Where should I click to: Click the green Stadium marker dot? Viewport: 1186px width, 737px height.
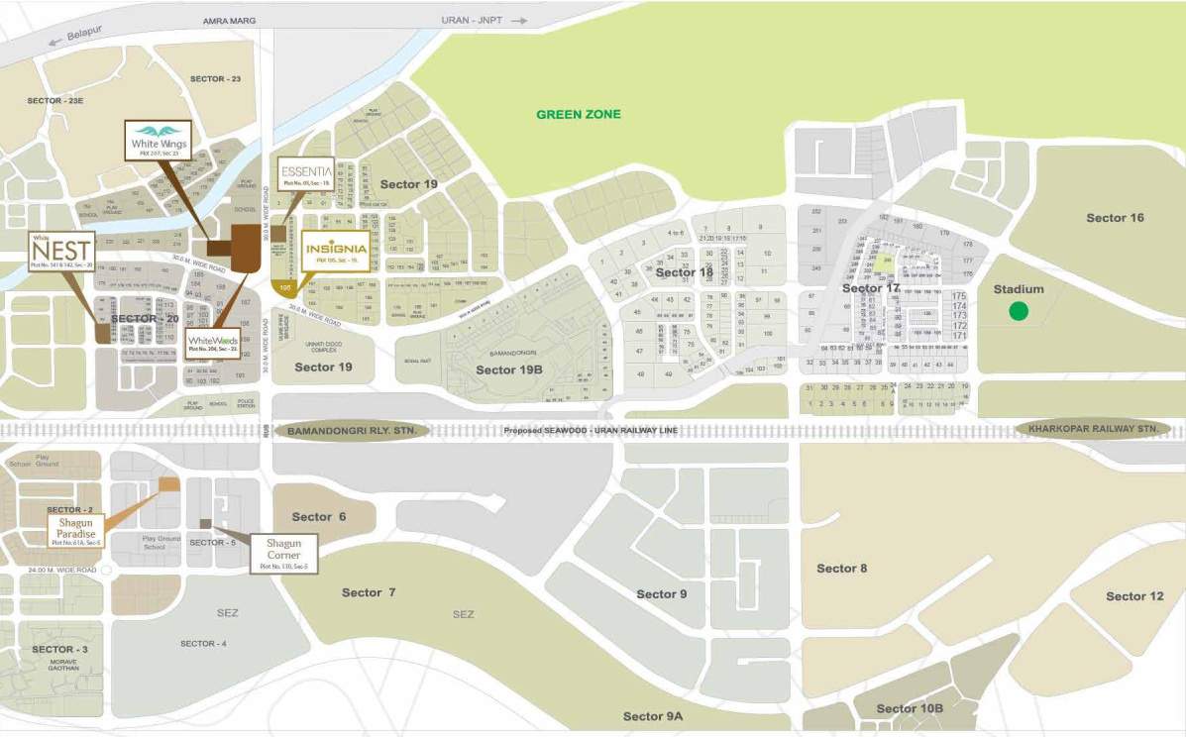1018,311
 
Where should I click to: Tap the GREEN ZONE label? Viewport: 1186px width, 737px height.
579,115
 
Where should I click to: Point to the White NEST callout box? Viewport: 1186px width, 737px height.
62,252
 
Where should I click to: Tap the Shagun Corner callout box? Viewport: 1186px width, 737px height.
283,553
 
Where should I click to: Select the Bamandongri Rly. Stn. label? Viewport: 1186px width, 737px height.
353,431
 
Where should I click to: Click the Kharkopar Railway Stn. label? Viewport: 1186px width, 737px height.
1093,429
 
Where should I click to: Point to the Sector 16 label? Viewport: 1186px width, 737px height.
1115,218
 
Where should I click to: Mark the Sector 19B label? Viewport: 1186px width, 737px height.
509,369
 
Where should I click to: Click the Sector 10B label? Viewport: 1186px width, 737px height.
910,708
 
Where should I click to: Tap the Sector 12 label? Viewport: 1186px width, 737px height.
1134,595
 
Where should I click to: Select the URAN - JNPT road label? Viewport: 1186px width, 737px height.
473,20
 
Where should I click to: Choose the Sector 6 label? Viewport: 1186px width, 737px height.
319,517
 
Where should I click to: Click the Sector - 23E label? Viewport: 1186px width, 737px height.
55,101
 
